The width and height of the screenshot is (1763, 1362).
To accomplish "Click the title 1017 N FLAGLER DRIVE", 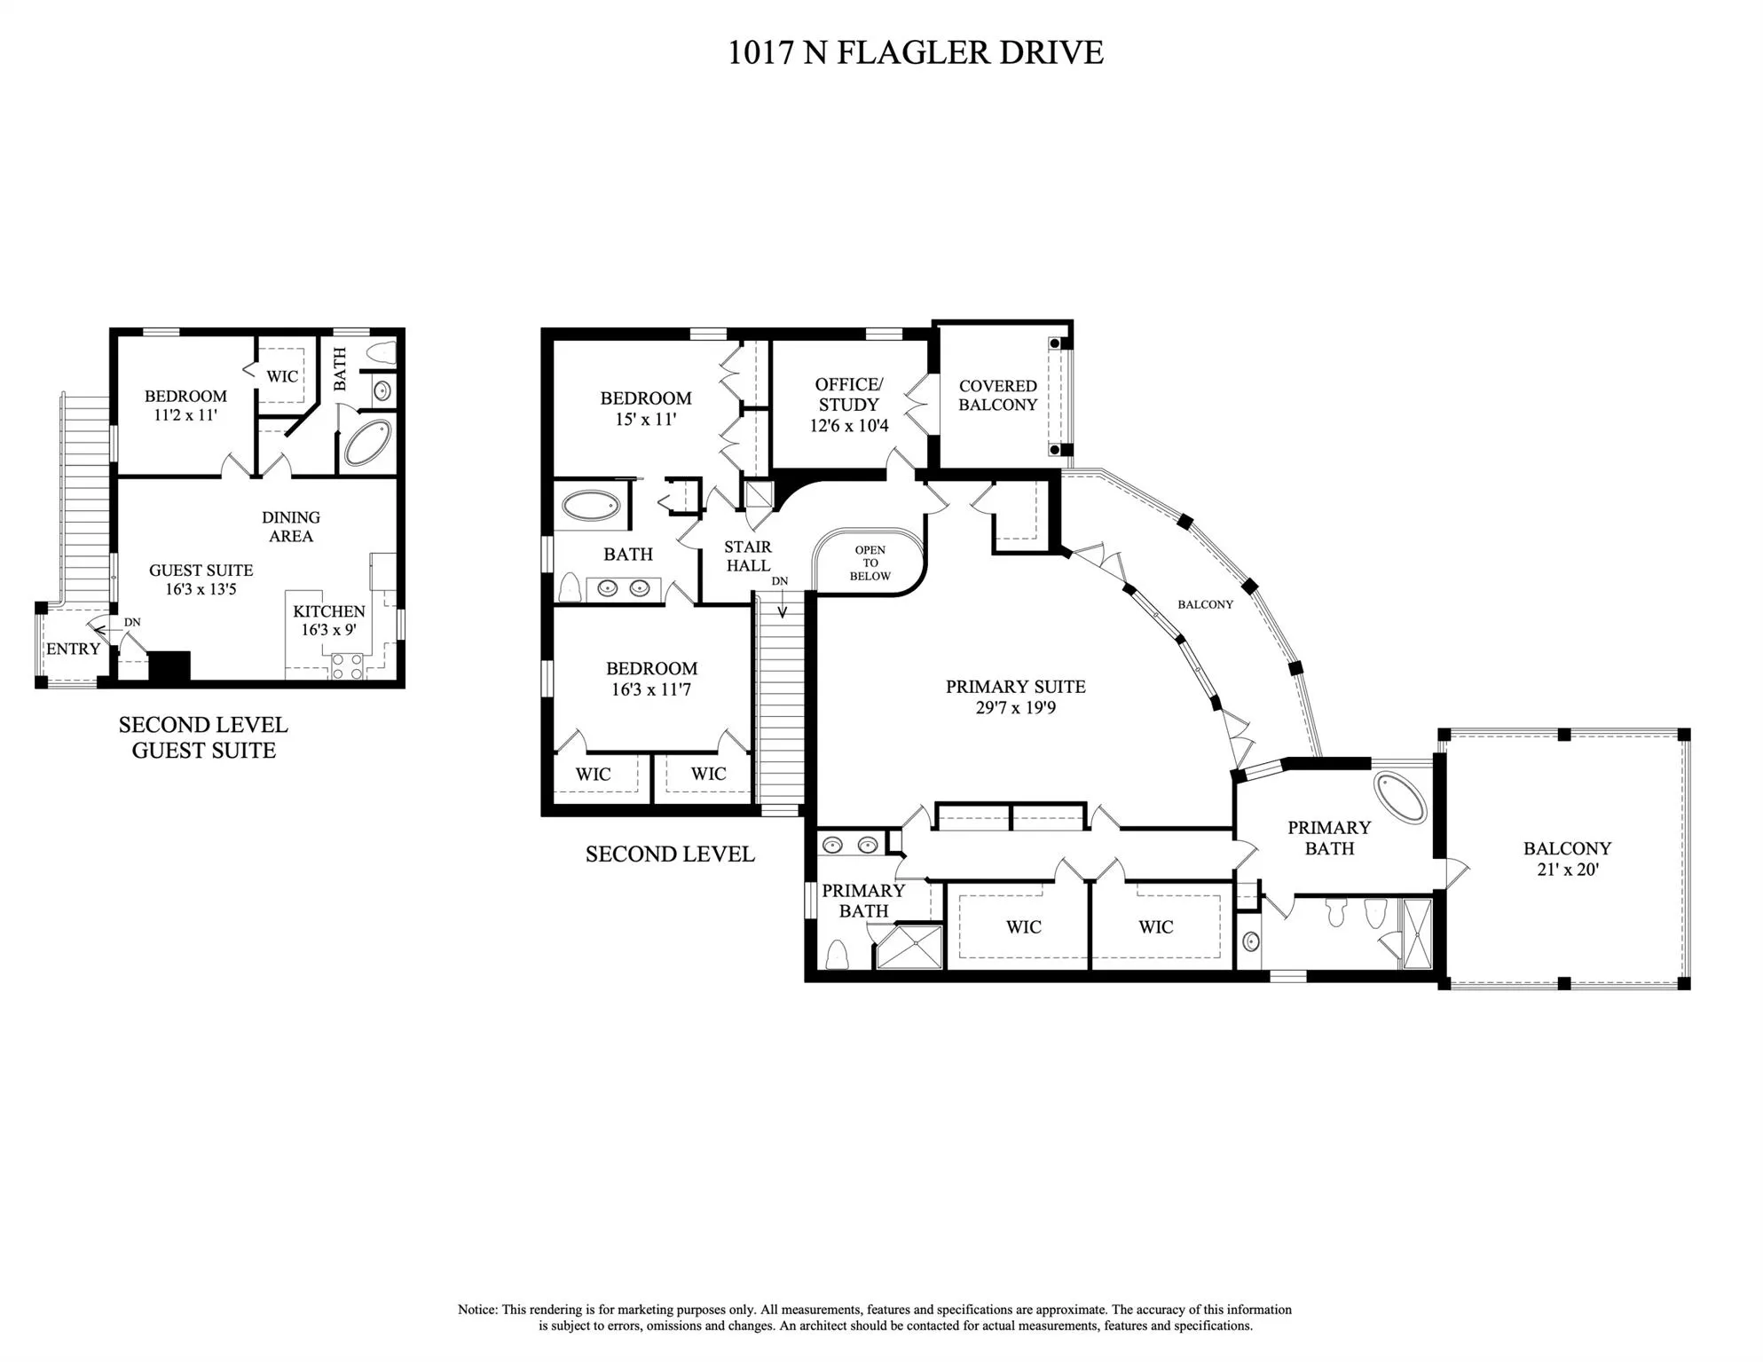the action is [x=915, y=52].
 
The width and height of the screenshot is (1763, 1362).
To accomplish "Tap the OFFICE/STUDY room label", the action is [x=849, y=394].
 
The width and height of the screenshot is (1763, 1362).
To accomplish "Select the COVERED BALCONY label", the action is [x=997, y=395].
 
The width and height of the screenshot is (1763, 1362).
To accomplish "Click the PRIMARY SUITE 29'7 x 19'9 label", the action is [x=1015, y=697].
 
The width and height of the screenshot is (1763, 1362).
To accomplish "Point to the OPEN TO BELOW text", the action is [x=870, y=563].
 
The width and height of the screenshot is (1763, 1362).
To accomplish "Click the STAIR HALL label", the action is [x=747, y=555].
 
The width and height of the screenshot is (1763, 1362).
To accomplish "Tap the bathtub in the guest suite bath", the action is [x=366, y=443].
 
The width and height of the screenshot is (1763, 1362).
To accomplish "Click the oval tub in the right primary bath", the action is [x=1400, y=796].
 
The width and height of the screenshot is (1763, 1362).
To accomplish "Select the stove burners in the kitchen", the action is [x=347, y=666].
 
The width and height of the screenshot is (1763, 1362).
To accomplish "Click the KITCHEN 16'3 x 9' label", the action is [x=328, y=620].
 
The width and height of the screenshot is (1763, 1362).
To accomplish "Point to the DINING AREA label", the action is [x=291, y=526].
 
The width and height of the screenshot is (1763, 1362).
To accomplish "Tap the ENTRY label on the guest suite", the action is [x=73, y=649].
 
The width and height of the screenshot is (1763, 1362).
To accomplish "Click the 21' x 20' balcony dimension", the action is [x=1567, y=870].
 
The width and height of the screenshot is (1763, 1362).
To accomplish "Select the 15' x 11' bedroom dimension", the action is [x=645, y=419].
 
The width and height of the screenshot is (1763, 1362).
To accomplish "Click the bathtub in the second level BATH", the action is [x=591, y=506].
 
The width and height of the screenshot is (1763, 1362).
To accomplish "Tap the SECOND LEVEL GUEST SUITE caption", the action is [x=203, y=737].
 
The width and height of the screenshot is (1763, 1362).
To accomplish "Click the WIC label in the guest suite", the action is [x=282, y=376].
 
